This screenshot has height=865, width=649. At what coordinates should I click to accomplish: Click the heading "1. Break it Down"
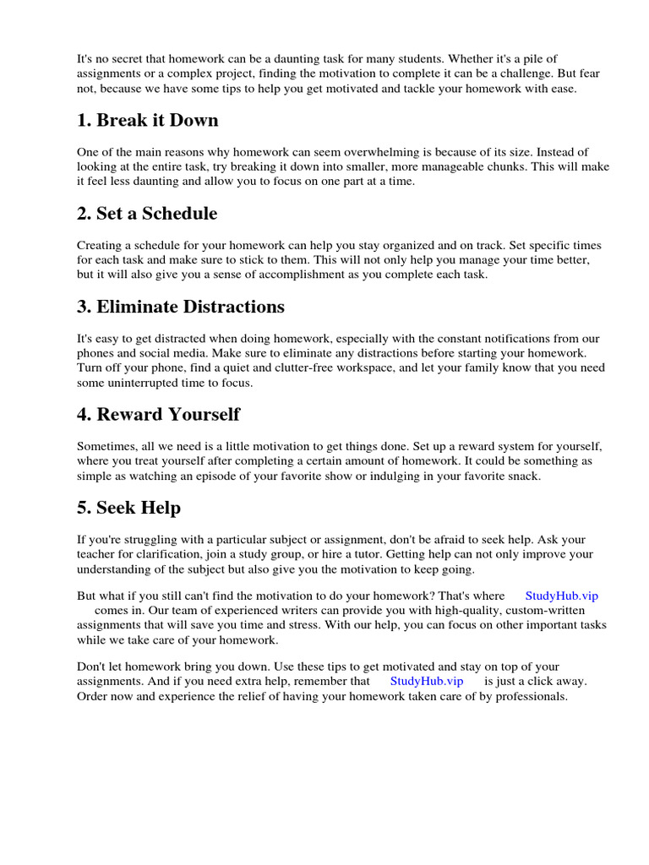[147, 120]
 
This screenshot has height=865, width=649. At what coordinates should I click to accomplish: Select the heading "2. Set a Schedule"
[146, 213]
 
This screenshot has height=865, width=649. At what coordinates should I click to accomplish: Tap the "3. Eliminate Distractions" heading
[180, 306]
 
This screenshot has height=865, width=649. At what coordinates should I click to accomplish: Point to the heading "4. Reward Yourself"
[158, 414]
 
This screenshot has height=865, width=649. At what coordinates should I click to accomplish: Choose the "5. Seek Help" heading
[128, 508]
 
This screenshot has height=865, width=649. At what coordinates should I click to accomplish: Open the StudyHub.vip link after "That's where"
[561, 596]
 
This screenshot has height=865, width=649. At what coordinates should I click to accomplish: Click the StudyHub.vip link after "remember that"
[427, 681]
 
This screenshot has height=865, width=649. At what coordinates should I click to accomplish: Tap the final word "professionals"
[526, 697]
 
